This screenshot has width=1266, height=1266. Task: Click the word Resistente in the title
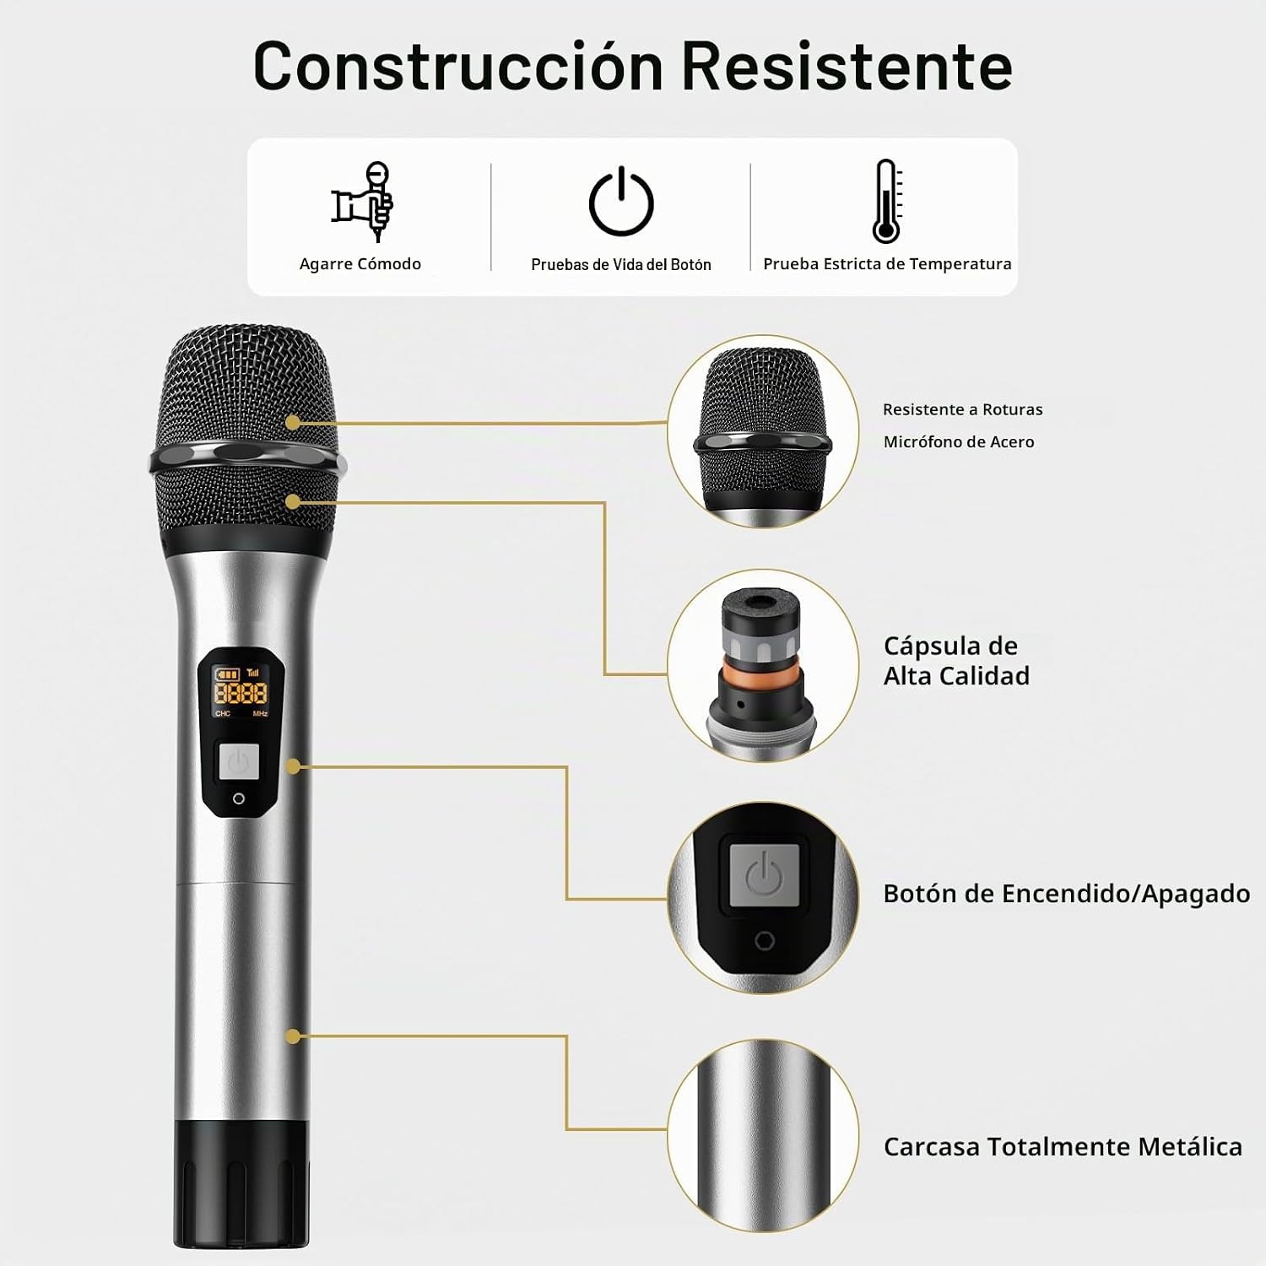coord(847,66)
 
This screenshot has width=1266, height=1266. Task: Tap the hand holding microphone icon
coord(363,202)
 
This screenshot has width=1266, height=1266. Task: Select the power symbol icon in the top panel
coord(621,201)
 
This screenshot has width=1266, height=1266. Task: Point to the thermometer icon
coord(887,201)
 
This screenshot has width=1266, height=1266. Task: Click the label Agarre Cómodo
coord(360,264)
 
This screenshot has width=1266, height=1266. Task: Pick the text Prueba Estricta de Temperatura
coord(887,264)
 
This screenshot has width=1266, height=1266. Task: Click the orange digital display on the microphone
coord(241,693)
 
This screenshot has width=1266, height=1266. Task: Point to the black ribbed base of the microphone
coord(242,1182)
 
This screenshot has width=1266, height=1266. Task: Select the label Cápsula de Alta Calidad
coord(956,661)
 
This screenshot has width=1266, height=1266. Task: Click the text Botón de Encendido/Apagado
coord(1067,894)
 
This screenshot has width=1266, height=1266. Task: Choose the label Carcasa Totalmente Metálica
coord(1063,1147)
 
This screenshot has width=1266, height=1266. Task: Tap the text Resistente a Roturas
coord(963,409)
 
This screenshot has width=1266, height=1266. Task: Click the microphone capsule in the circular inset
coord(762,666)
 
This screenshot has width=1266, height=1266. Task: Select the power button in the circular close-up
coord(764,874)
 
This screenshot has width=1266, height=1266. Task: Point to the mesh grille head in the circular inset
coord(762,430)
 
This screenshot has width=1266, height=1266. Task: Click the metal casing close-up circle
coord(763,1135)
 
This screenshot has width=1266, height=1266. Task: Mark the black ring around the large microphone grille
coord(247,461)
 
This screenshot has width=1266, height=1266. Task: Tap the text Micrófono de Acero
coord(959,441)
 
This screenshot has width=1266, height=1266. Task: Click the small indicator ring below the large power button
coord(239,798)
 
